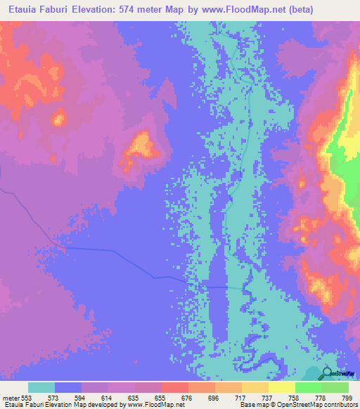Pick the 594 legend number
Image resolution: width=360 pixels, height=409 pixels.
pyautogui.click(x=81, y=397)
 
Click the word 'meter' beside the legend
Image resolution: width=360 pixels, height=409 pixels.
pyautogui.click(x=11, y=397)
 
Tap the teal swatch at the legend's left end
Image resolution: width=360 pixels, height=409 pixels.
pyautogui.click(x=41, y=387)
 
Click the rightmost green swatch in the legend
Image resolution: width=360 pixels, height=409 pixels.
pyautogui.click(x=335, y=387)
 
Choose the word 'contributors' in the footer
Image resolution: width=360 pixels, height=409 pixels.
pyautogui.click(x=337, y=405)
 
